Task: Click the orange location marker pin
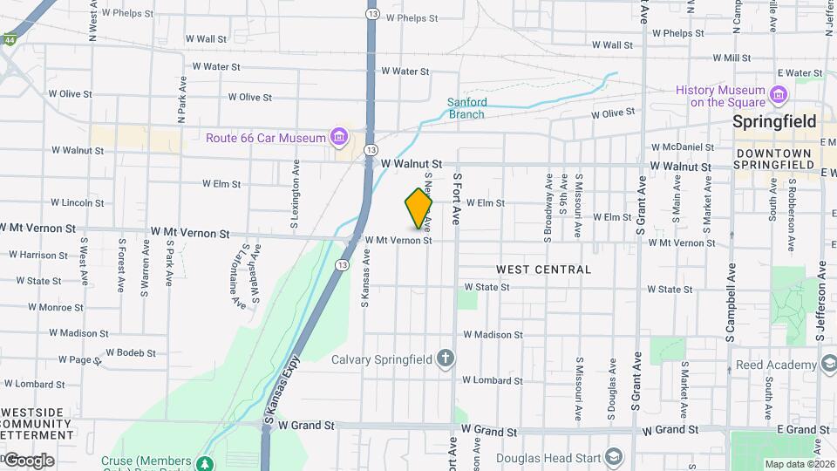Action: [x=419, y=208]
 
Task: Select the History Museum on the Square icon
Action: [x=779, y=92]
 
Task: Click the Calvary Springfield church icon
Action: [x=446, y=358]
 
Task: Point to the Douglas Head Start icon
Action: [x=615, y=458]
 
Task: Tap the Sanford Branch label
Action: [x=466, y=108]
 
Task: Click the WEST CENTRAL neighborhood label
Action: [x=544, y=270]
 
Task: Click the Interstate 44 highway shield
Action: [x=8, y=40]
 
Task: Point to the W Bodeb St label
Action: [x=131, y=353]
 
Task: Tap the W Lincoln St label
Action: [x=78, y=202]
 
